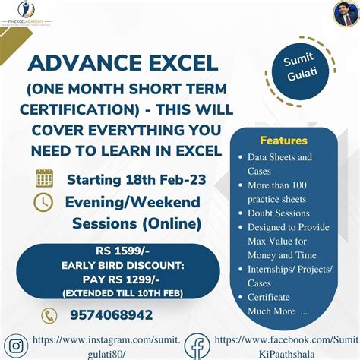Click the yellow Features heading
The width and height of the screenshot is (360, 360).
point(283,141)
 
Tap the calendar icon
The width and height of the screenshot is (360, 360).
point(44,179)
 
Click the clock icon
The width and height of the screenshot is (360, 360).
point(44,202)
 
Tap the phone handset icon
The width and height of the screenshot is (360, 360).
point(49,315)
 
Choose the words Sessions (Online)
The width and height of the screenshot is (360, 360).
point(137,223)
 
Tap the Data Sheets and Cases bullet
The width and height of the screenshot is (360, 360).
point(279,164)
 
